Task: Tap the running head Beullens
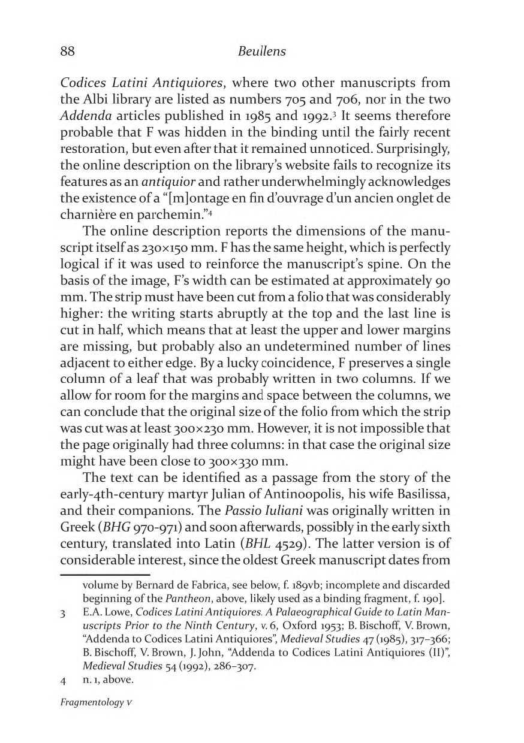[x=262, y=52]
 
